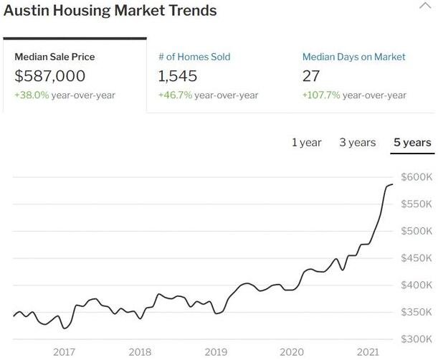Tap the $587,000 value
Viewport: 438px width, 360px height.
[49, 75]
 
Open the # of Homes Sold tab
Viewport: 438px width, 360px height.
[194, 57]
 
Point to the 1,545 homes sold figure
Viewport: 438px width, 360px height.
[178, 75]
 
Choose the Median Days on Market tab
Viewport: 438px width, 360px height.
[353, 57]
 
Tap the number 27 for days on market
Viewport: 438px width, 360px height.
[312, 75]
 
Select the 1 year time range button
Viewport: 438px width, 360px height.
[306, 142]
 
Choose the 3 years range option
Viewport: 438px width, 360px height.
[357, 142]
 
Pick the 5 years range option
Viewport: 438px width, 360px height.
[412, 142]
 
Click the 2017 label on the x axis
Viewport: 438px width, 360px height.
[64, 351]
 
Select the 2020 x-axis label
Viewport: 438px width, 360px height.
[292, 351]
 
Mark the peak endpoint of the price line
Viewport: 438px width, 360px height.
[392, 184]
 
